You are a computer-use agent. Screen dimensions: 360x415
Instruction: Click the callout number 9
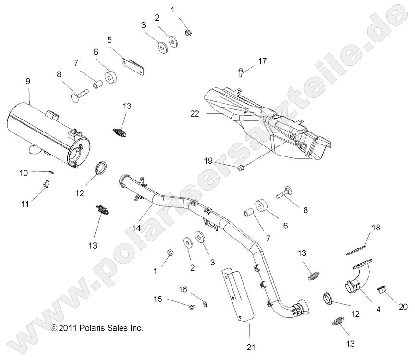pos(28,81)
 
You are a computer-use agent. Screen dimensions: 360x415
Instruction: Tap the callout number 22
pos(194,113)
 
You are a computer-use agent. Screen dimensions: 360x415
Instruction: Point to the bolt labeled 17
pos(240,72)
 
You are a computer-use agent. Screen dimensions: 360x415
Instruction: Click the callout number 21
pos(250,347)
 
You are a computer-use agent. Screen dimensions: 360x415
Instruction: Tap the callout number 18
pos(376,228)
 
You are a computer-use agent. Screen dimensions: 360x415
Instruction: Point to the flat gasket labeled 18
pos(356,249)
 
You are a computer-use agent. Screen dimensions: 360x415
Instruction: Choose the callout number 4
pos(378,310)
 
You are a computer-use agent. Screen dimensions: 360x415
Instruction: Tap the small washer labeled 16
pos(205,303)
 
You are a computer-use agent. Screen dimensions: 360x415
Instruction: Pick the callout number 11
pos(25,204)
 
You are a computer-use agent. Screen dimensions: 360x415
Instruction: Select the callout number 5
pos(110,40)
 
